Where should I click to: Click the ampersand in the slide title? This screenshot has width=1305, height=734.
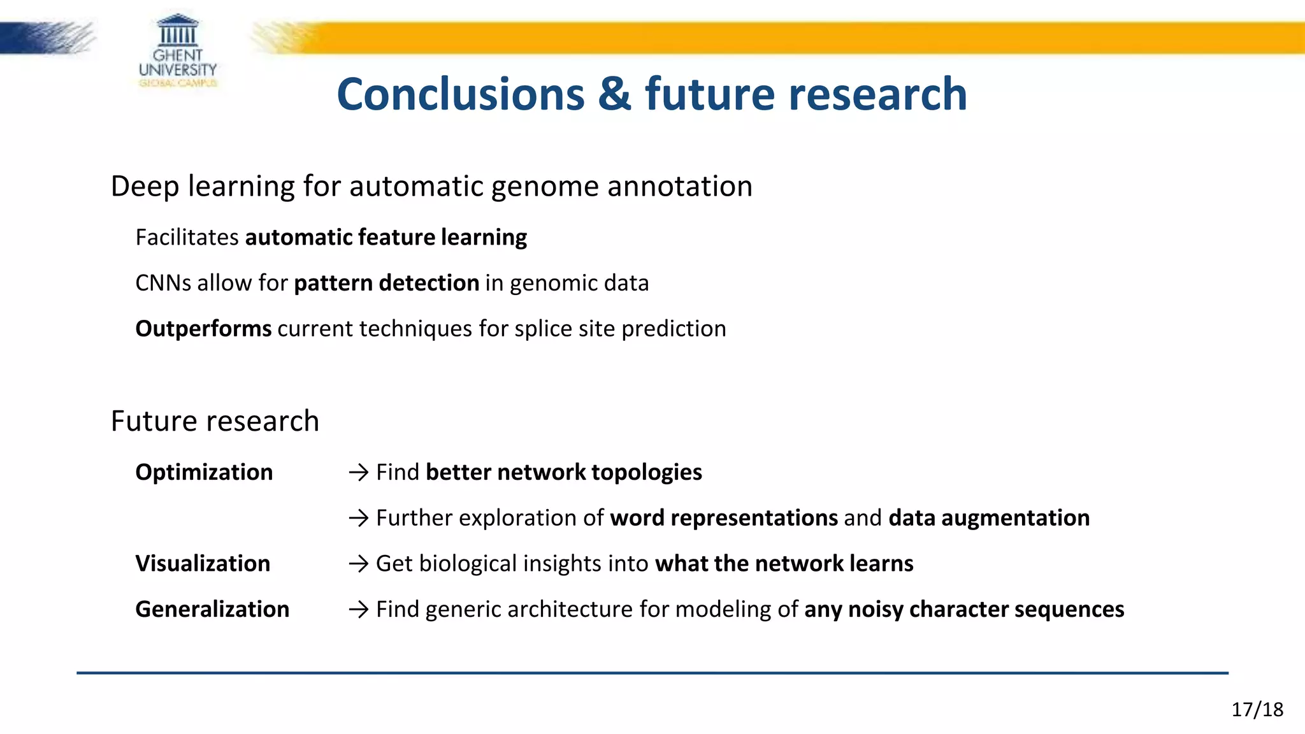(614, 94)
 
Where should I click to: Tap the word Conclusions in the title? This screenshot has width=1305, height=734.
(460, 94)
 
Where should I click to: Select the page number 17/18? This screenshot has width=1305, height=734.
(1257, 709)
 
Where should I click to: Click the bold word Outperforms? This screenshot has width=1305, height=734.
(203, 329)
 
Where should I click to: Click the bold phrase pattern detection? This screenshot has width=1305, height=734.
(386, 283)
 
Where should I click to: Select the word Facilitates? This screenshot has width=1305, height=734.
(187, 237)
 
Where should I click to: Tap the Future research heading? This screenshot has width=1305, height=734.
(215, 421)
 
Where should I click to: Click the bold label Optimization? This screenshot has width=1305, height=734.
(204, 472)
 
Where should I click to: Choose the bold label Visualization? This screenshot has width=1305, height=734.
(203, 564)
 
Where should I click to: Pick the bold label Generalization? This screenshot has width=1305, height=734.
(212, 610)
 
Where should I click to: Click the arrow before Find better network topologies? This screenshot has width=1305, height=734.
(359, 473)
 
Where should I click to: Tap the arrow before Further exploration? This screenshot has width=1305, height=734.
(359, 519)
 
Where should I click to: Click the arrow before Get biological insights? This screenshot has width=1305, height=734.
(359, 564)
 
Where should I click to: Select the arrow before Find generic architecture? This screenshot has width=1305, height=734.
(359, 610)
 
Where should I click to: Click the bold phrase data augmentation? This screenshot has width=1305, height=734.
(988, 518)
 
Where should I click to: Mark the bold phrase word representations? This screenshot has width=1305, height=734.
(723, 518)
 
